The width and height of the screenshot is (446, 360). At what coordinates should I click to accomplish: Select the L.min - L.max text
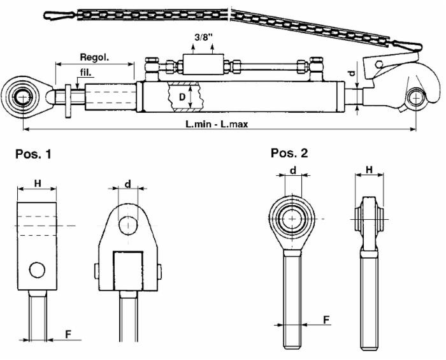click(217, 124)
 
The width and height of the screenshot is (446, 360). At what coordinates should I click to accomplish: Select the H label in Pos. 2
click(368, 171)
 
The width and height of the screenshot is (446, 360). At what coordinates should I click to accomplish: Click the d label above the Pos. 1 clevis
click(128, 184)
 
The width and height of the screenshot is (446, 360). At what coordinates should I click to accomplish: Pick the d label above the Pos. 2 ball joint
click(292, 170)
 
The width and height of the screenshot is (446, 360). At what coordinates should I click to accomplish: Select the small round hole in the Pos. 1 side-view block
click(37, 270)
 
